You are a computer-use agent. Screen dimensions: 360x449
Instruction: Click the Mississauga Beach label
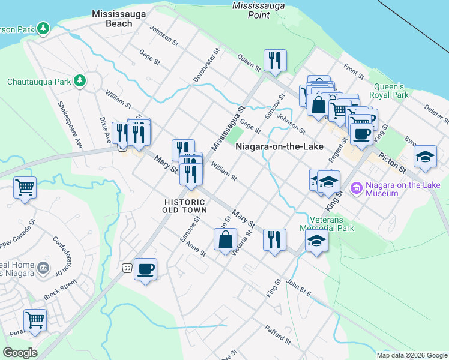pyautogui.click(x=110, y=18)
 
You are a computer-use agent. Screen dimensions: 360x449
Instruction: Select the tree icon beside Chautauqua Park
pyautogui.click(x=79, y=81)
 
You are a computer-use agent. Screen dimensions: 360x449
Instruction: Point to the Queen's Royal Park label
pyautogui.click(x=391, y=91)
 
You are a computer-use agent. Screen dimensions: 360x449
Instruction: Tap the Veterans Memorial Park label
pyautogui.click(x=328, y=223)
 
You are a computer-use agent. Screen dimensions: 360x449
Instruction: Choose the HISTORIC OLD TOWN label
pyautogui.click(x=185, y=206)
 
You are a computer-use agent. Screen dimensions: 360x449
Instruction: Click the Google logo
pyautogui.click(x=20, y=353)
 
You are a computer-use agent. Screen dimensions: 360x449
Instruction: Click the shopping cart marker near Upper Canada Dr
pyautogui.click(x=25, y=187)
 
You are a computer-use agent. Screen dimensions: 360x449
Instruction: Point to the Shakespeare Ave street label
pyautogui.click(x=70, y=125)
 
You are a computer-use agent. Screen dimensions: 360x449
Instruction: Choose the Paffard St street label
pyautogui.click(x=277, y=335)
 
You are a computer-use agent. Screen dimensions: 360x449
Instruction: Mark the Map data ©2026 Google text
pyautogui.click(x=411, y=355)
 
